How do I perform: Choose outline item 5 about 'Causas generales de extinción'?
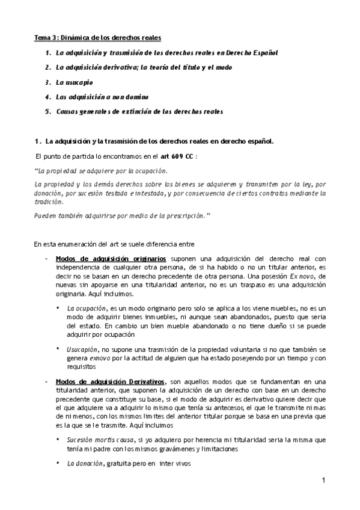pos(139,111)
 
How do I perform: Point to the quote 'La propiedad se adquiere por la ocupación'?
pos(101,171)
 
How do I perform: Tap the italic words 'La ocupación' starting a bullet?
pos(84,308)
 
